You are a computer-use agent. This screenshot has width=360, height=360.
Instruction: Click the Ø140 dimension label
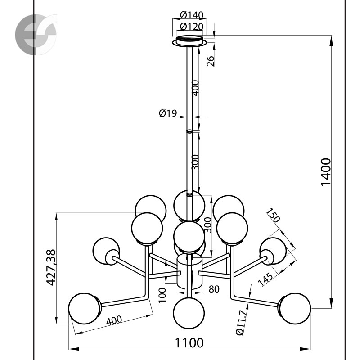(192, 15)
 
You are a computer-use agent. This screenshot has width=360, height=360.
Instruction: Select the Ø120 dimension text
(192, 27)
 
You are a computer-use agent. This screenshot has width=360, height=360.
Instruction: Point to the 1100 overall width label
(189, 343)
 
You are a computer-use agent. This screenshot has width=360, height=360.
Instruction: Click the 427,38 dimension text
(51, 267)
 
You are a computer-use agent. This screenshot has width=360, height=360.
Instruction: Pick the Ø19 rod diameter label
(168, 113)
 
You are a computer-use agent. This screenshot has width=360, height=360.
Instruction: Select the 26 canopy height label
(211, 61)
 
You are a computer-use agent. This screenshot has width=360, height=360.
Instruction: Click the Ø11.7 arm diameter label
(243, 322)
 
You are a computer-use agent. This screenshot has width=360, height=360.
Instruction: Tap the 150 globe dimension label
(274, 215)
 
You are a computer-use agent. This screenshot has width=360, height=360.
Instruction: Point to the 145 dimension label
(265, 279)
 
